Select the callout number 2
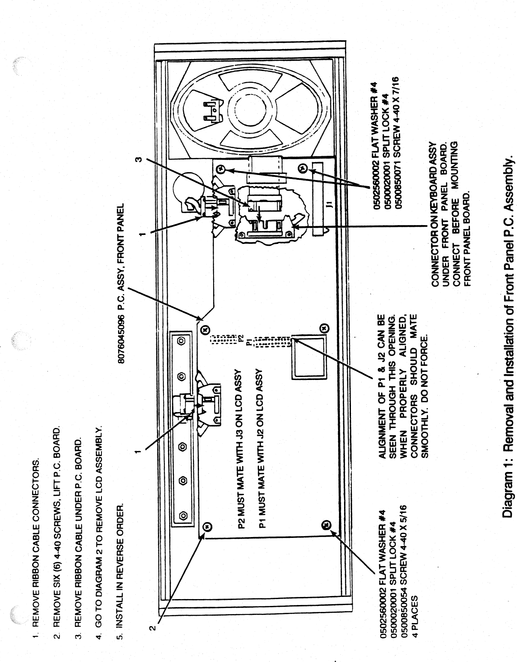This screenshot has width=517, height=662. pos(151,628)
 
